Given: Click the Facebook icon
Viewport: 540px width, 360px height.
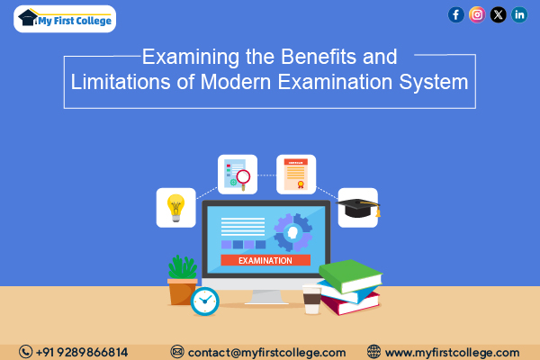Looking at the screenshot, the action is tap(456, 14).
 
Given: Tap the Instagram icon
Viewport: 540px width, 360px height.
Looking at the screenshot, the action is tap(477, 14).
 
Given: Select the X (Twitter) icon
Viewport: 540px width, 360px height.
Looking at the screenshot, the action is tap(498, 14).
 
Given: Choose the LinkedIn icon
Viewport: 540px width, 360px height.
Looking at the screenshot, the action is tap(519, 14).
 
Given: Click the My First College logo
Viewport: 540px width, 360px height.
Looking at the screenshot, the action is tap(65, 19).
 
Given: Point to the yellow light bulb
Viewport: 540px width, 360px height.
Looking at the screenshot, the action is tap(176, 208).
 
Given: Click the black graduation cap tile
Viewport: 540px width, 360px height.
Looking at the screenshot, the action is tap(358, 208).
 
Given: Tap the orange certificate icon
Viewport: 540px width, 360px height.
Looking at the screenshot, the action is tap(296, 175).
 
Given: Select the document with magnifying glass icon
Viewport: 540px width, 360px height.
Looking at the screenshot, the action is tap(238, 175).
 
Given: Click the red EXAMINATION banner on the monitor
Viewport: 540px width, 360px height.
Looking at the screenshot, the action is tap(265, 260).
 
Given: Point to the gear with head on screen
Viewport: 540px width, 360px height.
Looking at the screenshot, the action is tap(292, 232).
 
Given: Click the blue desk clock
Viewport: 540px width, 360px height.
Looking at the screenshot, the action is tap(205, 301).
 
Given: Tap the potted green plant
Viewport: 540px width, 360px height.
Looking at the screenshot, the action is tap(183, 280).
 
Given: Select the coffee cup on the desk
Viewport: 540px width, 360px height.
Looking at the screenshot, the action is tap(312, 299).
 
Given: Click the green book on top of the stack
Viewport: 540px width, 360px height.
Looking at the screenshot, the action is tap(351, 275).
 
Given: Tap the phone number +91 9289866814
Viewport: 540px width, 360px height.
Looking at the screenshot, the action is tap(82, 352).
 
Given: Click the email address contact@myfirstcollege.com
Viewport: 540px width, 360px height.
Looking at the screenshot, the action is tap(267, 353).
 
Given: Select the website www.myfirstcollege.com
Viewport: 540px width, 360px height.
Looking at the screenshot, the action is tap(452, 353).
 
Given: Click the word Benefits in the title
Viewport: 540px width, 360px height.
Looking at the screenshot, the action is tap(319, 57).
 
